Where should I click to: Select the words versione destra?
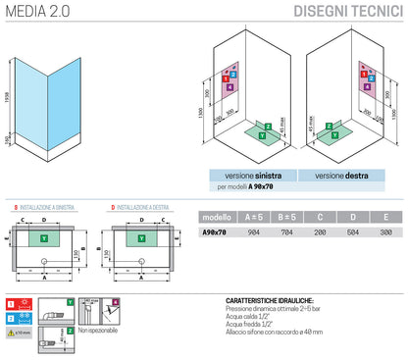(341, 176)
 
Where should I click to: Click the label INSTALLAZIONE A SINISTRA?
(50, 208)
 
